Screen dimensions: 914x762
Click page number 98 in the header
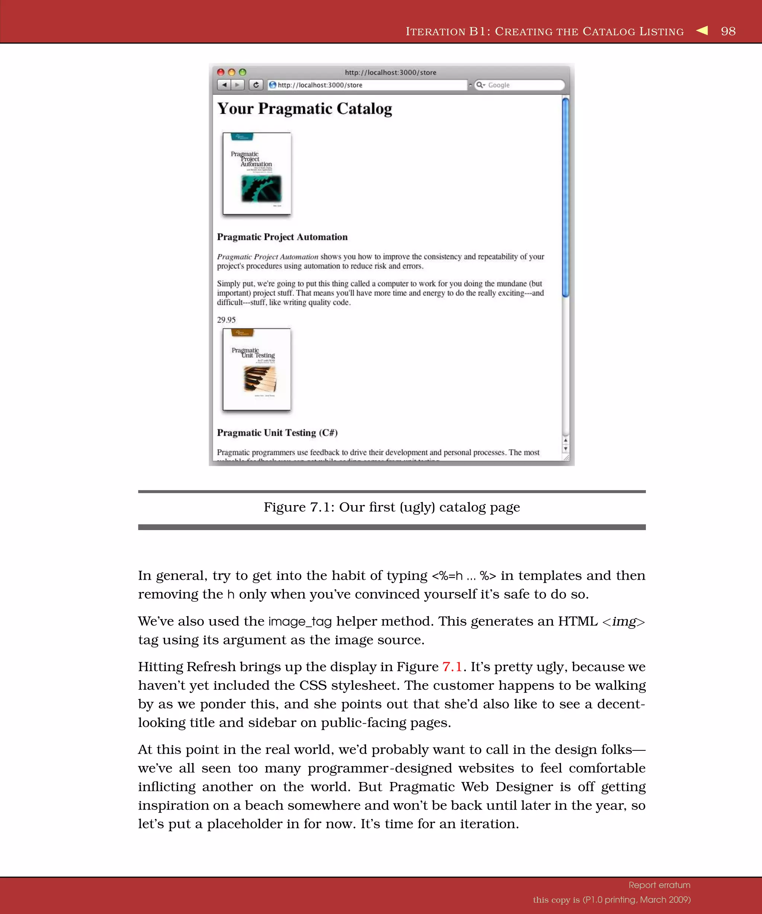[x=728, y=31]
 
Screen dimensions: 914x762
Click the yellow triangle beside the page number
[x=702, y=30]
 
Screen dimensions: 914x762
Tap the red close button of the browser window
[x=221, y=72]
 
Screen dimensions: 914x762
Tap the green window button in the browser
[x=243, y=72]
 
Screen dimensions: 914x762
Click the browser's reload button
[x=256, y=85]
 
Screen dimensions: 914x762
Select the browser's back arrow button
[x=224, y=85]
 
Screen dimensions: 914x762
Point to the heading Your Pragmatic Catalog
[x=304, y=108]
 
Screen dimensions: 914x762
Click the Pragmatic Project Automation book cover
[x=257, y=174]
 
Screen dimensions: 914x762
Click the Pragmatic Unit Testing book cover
[x=257, y=369]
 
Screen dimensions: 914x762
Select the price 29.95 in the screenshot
[x=227, y=320]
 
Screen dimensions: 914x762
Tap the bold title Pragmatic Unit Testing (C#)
[x=277, y=432]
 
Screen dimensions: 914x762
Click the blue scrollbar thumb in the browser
[x=565, y=198]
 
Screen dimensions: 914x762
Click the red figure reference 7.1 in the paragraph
[x=452, y=667]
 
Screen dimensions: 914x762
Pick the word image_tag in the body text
[x=300, y=621]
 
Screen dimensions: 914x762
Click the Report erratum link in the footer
[x=659, y=885]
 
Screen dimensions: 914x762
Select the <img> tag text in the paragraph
[x=623, y=621]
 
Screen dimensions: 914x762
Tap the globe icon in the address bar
[x=273, y=85]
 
